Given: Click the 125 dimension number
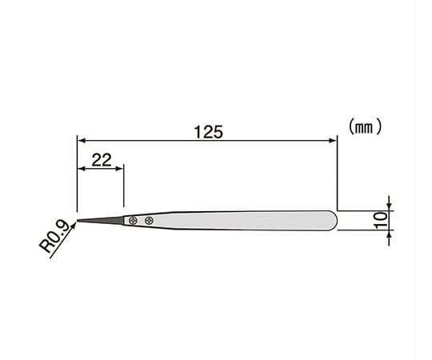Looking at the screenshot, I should coord(208,131).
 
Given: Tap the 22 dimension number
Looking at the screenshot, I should coord(101,159).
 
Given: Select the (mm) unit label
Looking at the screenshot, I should coord(366,126).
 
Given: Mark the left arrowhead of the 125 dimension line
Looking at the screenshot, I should coord(81,140).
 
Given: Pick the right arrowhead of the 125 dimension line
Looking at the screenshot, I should coord(333,140).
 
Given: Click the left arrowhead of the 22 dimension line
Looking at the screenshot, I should coord(81,168).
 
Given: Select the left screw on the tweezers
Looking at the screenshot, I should coord(134,220).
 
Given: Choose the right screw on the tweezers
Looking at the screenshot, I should coord(149,220).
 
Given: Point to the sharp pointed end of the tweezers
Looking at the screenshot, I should coord(78,220).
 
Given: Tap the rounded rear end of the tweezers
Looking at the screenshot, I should coord(334,220).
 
